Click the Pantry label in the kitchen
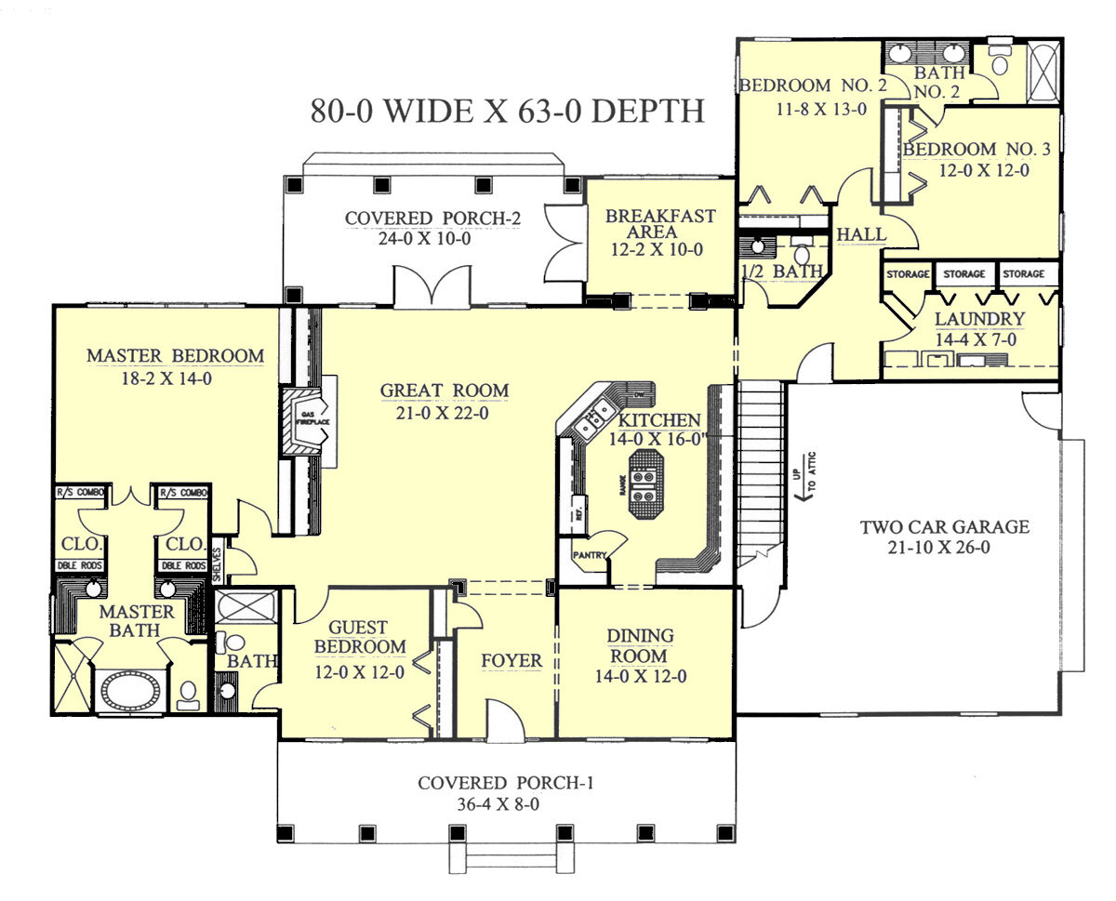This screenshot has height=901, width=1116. (x=590, y=556)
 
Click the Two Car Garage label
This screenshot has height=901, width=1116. (x=944, y=527)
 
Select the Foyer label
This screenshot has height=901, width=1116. (x=511, y=661)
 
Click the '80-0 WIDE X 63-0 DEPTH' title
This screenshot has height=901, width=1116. (x=507, y=111)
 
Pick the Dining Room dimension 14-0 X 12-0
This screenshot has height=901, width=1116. (x=641, y=677)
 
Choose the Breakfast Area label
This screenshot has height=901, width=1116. (x=660, y=224)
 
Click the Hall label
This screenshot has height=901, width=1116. (x=860, y=235)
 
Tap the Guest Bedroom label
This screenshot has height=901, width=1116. (x=359, y=638)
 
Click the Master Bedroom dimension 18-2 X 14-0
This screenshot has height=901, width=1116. (x=176, y=378)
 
